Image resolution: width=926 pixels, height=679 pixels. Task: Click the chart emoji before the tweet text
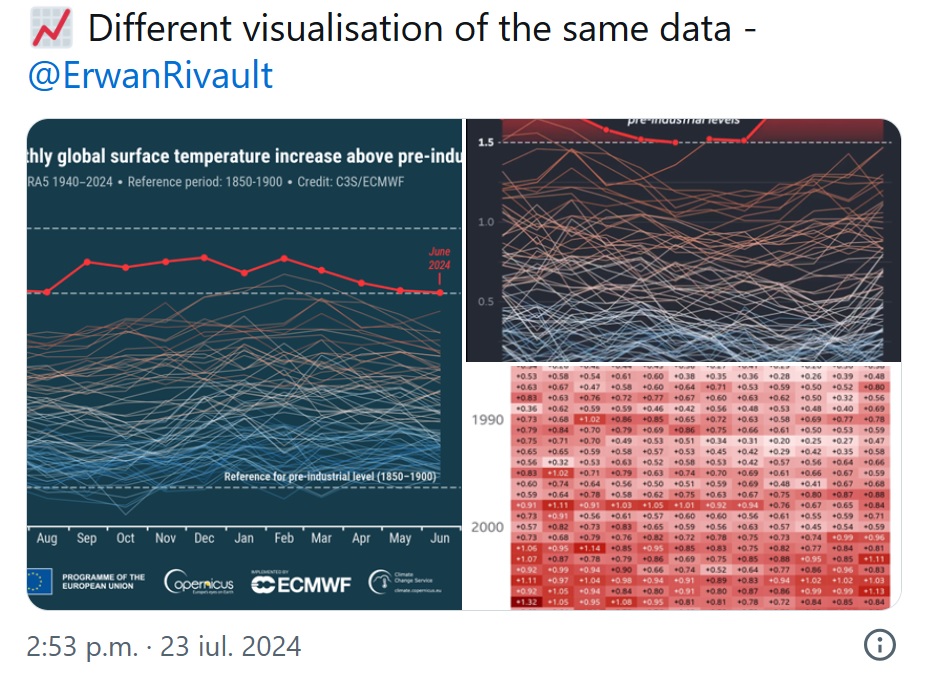point(49,28)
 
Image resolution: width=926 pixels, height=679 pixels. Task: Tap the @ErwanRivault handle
point(151,76)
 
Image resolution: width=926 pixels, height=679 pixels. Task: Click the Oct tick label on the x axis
point(125,538)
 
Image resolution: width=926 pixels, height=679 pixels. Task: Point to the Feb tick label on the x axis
point(284,538)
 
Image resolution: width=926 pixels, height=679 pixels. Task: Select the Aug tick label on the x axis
point(46,538)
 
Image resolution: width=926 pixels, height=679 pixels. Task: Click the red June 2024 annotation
point(440,259)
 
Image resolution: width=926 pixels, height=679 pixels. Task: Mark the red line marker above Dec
point(205,258)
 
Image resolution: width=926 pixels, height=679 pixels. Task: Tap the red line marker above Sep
point(88,262)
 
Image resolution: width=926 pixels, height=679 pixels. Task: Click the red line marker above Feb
point(284,259)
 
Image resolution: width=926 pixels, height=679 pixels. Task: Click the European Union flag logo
point(40,581)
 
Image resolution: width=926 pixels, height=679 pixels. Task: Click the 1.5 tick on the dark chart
point(487,142)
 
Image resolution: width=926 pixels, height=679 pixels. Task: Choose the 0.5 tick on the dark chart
point(487,302)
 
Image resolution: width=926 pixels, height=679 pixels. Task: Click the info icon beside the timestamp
point(879,646)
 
